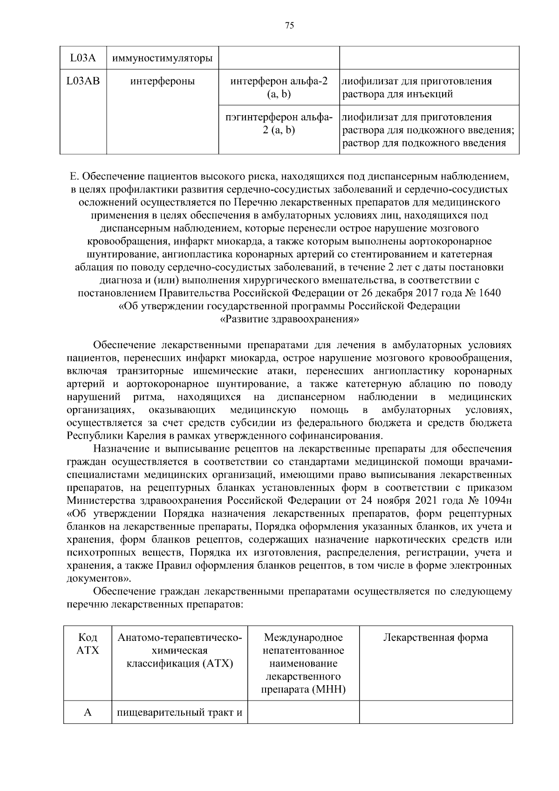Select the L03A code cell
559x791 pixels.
point(83,58)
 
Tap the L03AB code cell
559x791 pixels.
point(83,81)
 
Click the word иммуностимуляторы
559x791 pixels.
point(162,59)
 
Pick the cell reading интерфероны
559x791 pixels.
point(162,82)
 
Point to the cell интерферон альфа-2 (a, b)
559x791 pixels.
point(279,88)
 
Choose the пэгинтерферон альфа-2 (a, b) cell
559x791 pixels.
point(279,124)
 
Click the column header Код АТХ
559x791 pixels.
point(88,644)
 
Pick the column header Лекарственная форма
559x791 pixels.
point(435,638)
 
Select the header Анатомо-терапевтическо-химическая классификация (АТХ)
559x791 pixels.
point(179,650)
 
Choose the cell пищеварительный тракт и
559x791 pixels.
point(179,713)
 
